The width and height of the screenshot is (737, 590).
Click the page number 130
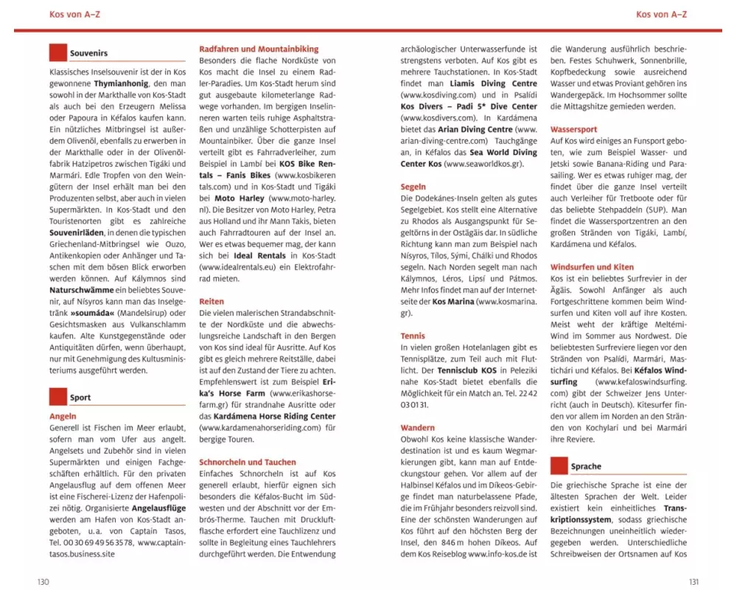[43, 582]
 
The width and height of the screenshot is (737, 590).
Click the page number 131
[693, 582]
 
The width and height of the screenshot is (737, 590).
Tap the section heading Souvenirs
[88, 53]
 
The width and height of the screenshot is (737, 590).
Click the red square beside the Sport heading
[57, 397]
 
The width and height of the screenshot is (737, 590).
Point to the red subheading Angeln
[63, 416]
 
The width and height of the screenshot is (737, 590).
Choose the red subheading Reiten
[212, 302]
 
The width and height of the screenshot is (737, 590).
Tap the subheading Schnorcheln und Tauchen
[248, 462]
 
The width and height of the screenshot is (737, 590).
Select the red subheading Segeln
[413, 187]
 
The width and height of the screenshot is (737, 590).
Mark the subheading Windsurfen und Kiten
[592, 267]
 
